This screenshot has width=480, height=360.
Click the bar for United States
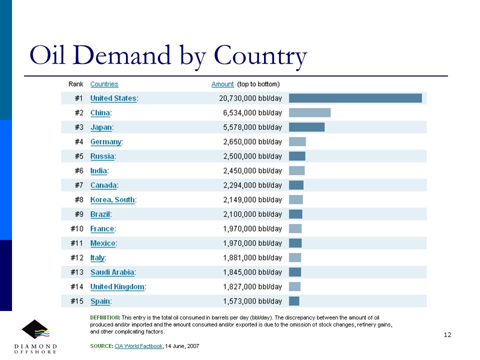click(x=355, y=98)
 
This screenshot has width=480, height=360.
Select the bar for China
click(x=310, y=112)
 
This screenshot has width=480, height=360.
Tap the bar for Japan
click(x=306, y=127)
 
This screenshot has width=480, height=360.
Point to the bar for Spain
click(x=294, y=301)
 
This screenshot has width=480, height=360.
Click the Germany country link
click(x=106, y=142)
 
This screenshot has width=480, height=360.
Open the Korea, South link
click(x=112, y=200)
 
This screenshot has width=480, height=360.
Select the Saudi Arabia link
click(x=112, y=272)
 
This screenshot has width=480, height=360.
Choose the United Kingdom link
click(x=117, y=287)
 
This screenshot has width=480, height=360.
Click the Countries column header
click(x=104, y=84)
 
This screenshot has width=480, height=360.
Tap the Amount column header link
click(x=222, y=84)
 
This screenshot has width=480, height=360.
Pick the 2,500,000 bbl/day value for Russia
click(x=252, y=156)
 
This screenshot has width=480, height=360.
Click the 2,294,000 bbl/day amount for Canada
click(x=252, y=185)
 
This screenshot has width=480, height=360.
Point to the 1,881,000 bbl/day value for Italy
click(x=252, y=258)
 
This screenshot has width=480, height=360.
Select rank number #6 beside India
click(x=79, y=171)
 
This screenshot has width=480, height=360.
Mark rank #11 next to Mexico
click(x=77, y=243)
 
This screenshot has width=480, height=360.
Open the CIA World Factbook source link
click(x=138, y=346)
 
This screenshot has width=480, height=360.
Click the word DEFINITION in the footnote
click(x=105, y=317)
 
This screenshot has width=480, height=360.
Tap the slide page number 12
click(x=447, y=335)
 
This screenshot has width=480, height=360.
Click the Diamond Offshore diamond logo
click(x=35, y=329)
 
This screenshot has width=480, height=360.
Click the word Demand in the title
click(x=121, y=55)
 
